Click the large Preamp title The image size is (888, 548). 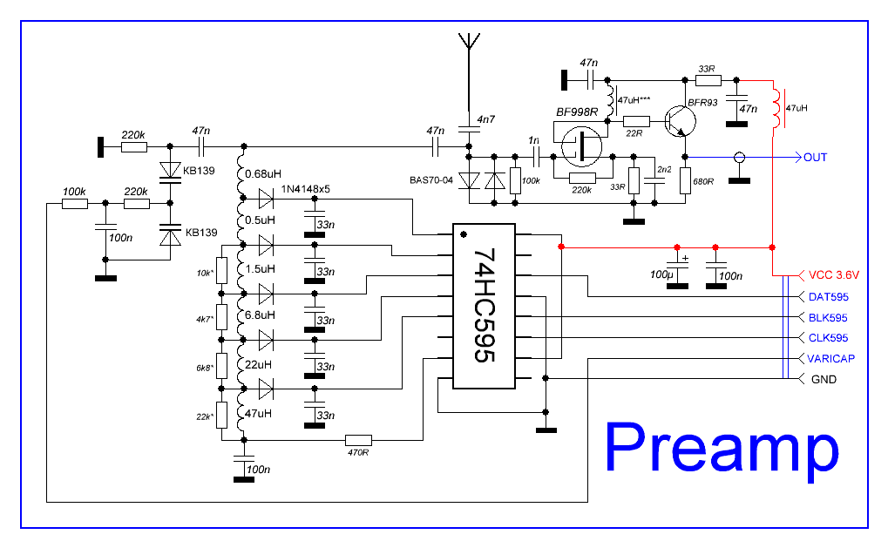[x=722, y=448]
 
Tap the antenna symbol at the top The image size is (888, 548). [x=468, y=41]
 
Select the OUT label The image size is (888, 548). [x=816, y=158]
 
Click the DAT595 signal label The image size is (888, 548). [x=828, y=297]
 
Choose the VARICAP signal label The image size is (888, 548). [x=830, y=359]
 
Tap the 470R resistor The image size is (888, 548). [x=358, y=440]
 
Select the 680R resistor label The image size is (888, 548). [x=703, y=184]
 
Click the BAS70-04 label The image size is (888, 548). [x=431, y=180]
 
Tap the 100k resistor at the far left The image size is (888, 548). [x=75, y=204]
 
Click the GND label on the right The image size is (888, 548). [x=824, y=380]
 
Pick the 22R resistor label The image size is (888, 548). [x=635, y=132]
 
